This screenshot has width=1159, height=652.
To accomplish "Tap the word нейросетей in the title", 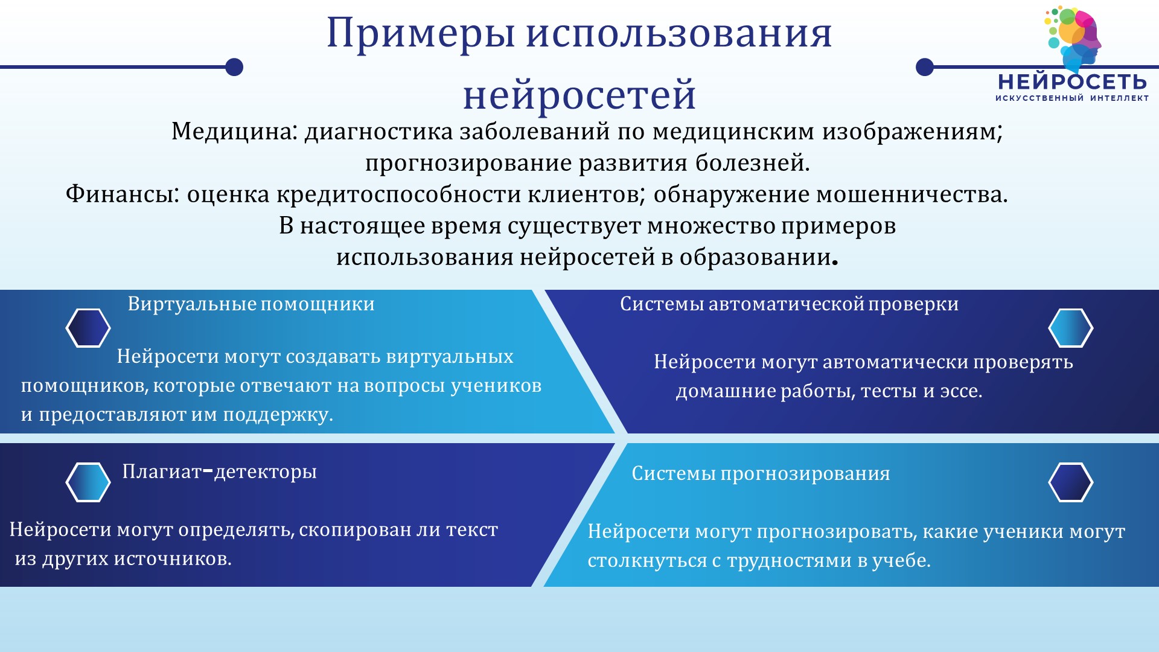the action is (x=579, y=95).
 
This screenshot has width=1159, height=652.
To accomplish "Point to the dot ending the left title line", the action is (x=234, y=67).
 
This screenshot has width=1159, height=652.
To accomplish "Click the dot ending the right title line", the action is (x=925, y=67).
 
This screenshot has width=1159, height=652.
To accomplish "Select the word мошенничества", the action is (x=912, y=194).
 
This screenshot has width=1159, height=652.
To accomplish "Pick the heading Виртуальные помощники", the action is (x=251, y=304).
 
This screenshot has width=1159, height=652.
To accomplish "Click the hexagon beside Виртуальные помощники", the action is (x=88, y=328).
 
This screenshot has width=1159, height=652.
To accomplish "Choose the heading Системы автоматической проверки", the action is (x=790, y=304).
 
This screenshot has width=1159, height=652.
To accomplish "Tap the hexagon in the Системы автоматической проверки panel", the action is (x=1071, y=328).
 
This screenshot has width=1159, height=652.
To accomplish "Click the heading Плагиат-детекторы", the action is (x=220, y=471).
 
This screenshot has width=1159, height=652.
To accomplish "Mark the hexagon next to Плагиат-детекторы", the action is (x=88, y=482).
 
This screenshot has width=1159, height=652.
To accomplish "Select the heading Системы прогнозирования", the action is (x=761, y=473).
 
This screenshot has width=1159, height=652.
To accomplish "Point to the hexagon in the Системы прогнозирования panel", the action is (x=1071, y=482).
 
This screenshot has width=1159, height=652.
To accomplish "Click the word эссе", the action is (x=961, y=392).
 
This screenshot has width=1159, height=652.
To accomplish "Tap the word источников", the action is (x=173, y=559).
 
